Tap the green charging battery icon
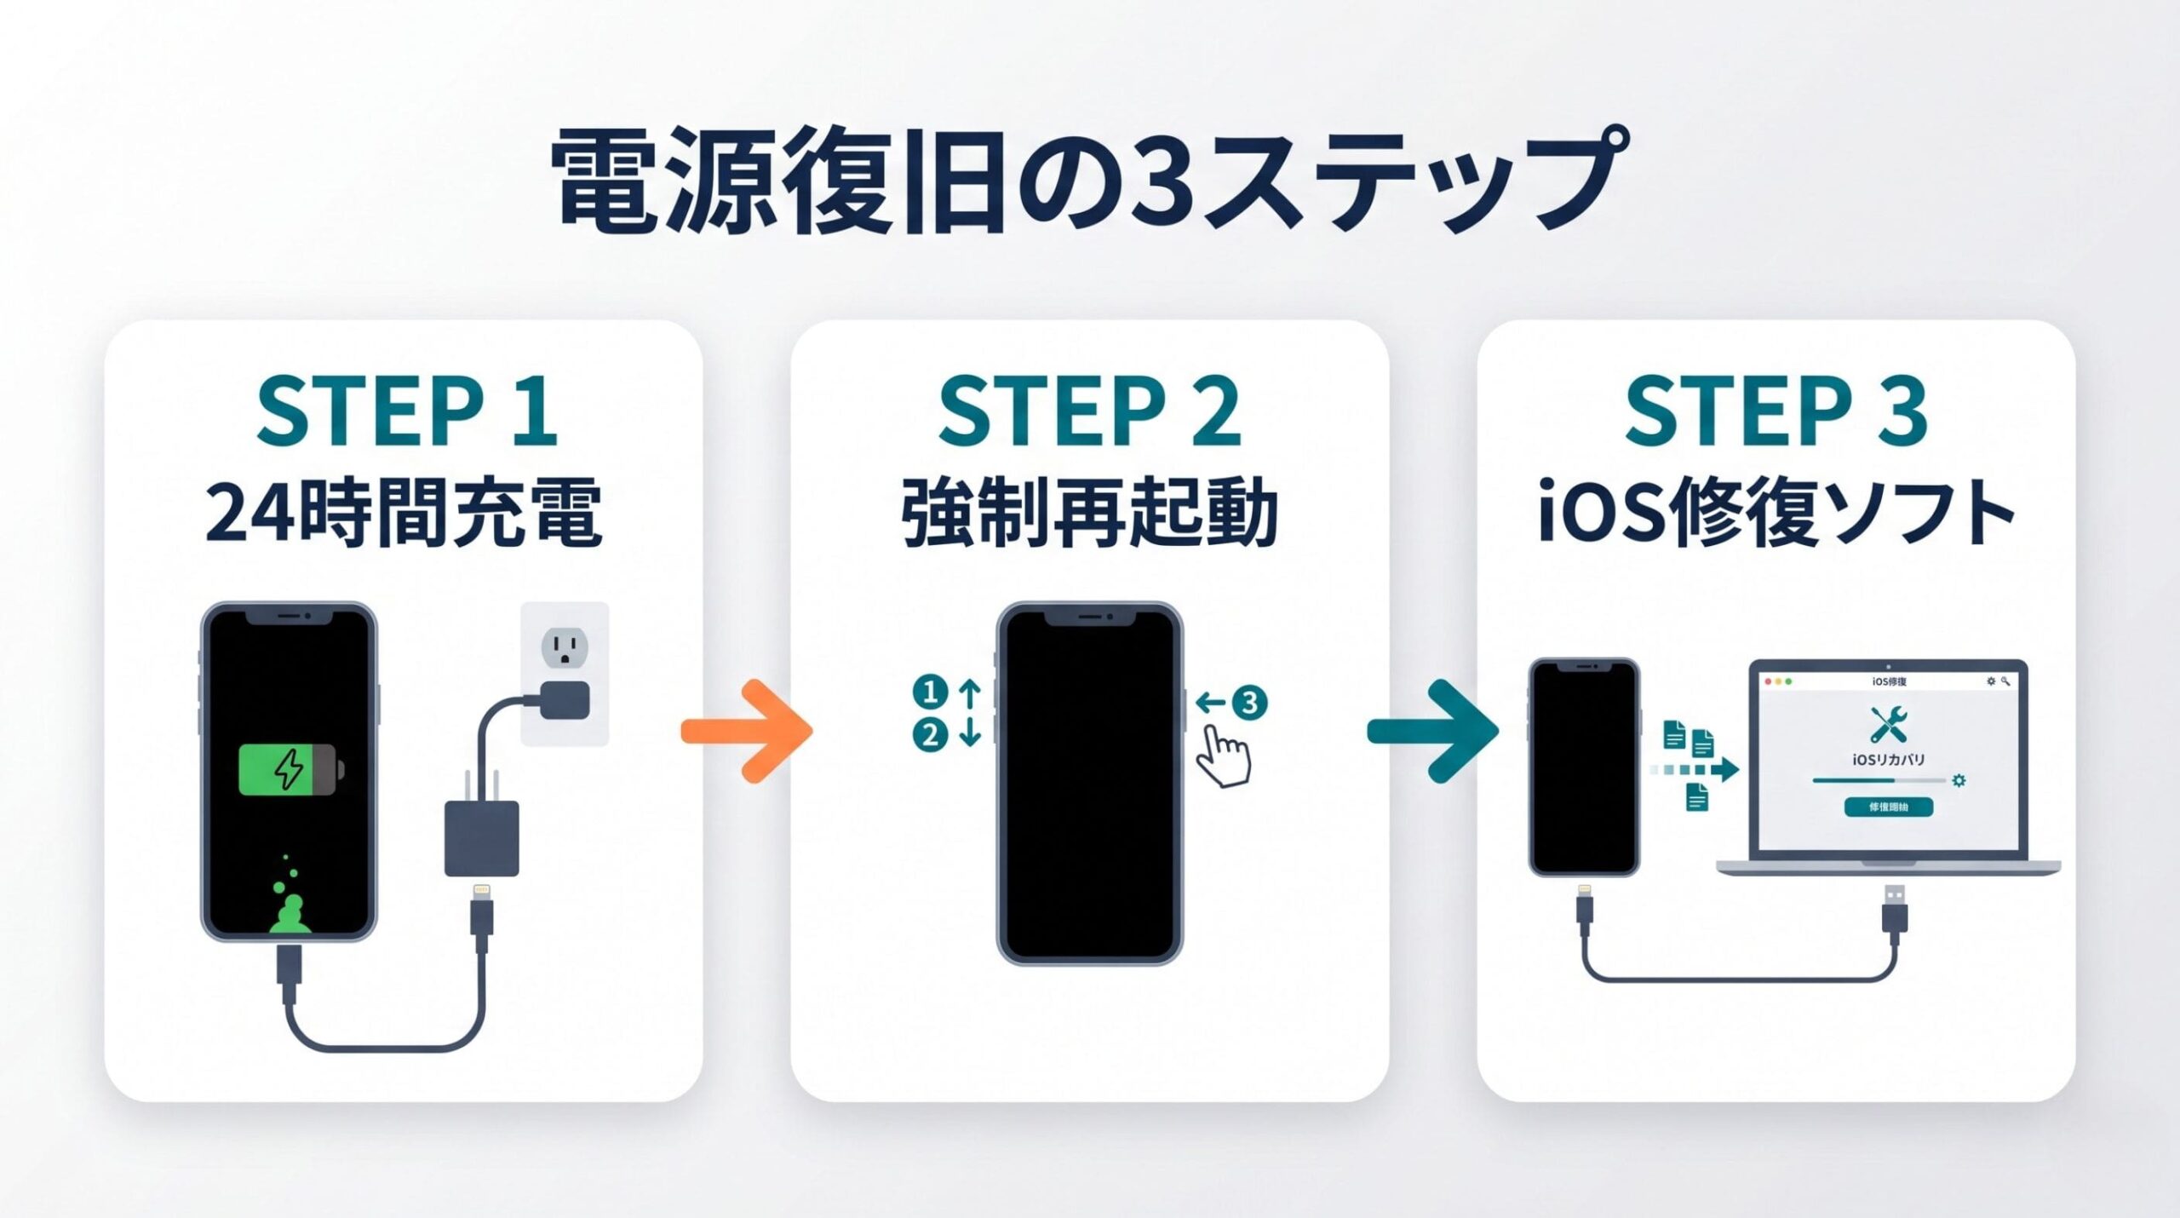point(290,770)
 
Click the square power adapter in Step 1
point(481,839)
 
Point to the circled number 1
point(930,692)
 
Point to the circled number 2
point(930,734)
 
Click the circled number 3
point(1249,703)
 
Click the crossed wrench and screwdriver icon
point(1888,725)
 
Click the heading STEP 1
point(406,413)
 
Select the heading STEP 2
point(1089,413)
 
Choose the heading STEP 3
point(1776,413)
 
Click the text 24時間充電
point(404,513)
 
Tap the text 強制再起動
point(1089,513)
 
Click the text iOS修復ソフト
point(1776,513)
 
